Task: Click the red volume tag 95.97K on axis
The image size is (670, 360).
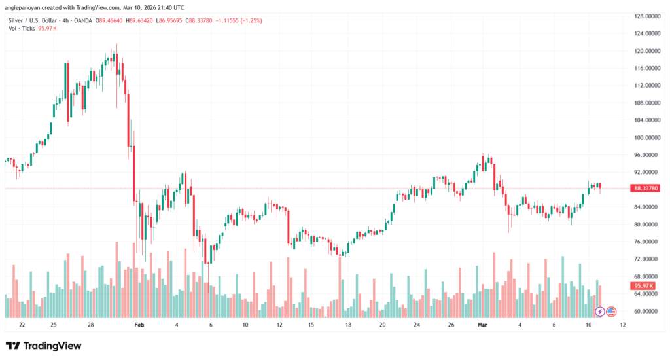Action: [x=644, y=286]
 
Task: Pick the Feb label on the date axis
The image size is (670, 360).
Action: [x=138, y=325]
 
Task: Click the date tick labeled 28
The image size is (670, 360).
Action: [x=91, y=325]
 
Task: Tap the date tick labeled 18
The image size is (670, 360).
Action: [x=348, y=325]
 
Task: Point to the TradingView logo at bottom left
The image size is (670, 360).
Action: [x=43, y=346]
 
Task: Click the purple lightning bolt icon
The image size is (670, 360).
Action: [x=599, y=311]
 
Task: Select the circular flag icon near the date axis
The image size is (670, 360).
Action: [x=612, y=311]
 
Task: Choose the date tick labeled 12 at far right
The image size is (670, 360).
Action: [x=622, y=325]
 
